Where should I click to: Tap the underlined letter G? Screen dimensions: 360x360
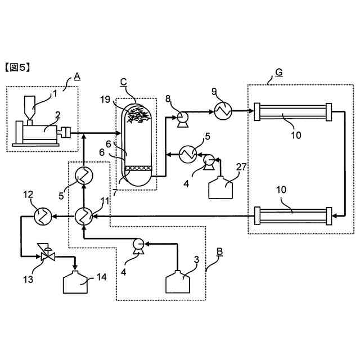pos(279,72)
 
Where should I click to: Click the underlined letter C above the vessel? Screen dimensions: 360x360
pos(123,82)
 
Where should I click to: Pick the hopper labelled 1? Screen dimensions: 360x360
pos(30,107)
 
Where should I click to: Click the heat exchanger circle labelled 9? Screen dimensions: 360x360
pos(222,112)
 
